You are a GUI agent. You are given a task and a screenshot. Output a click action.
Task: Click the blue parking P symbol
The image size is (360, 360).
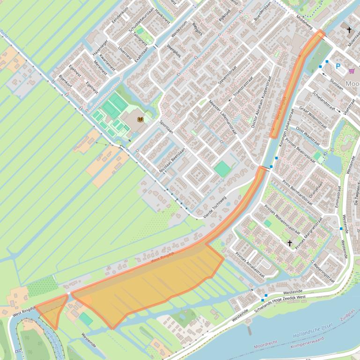point(338,66)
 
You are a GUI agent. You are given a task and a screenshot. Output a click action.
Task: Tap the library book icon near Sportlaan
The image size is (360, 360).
point(140,120)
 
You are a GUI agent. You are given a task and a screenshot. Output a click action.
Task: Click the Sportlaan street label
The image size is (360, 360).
point(166,127)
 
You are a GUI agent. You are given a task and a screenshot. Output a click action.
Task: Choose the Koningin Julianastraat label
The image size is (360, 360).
point(287,128)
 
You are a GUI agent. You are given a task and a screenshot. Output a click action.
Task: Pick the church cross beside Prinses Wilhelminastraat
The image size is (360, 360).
point(290,243)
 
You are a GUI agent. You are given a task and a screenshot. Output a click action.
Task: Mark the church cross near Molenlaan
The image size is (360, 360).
point(349,30)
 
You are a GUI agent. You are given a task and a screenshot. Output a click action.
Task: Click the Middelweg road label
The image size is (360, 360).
point(304,21)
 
